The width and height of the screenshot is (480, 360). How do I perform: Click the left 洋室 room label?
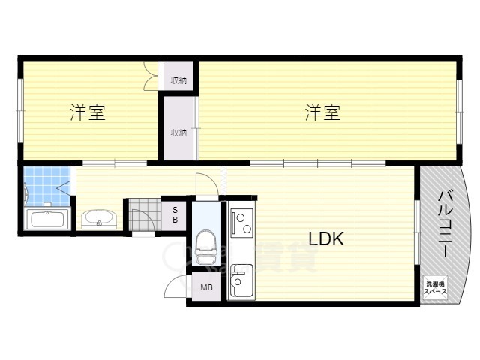click(x=88, y=113)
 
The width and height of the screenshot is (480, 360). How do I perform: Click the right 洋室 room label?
click(x=323, y=113)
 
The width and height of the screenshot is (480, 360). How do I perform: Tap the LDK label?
click(x=326, y=239)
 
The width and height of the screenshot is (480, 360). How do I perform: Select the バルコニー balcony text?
click(x=445, y=223)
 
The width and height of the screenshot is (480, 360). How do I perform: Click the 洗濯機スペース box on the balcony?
click(x=436, y=286)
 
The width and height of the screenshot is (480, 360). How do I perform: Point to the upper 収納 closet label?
click(x=178, y=80)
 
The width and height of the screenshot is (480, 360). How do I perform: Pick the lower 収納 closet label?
click(x=178, y=133)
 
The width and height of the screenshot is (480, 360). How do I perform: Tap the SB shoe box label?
click(x=175, y=214)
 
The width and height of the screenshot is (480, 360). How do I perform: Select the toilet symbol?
click(x=205, y=241)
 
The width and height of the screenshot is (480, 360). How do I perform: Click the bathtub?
click(x=48, y=220)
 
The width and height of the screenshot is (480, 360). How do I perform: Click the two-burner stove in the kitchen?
click(x=241, y=222)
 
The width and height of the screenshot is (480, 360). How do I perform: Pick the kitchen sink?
click(x=241, y=282)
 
